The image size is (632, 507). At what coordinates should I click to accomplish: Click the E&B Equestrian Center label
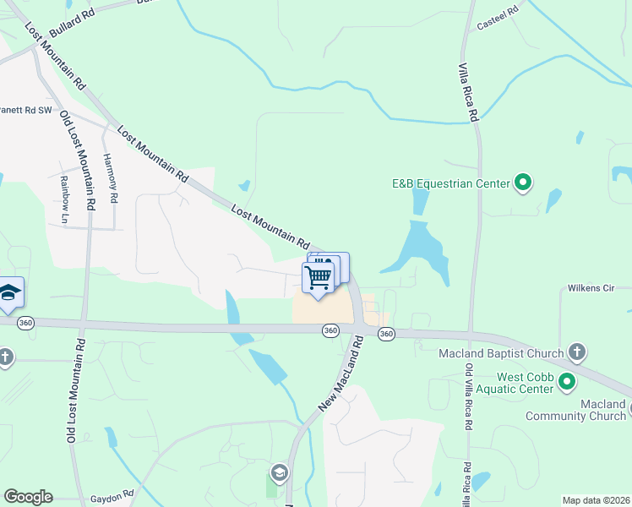tap(450, 183)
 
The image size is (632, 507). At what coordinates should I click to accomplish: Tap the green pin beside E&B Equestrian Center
tap(523, 183)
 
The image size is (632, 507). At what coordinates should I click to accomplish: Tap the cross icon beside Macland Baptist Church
tap(576, 351)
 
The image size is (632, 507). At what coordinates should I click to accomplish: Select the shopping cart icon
tap(318, 277)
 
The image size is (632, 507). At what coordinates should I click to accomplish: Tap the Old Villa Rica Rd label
tap(468, 397)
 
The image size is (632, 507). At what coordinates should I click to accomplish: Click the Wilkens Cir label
tap(601, 287)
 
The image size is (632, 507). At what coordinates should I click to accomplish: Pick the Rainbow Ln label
tap(64, 199)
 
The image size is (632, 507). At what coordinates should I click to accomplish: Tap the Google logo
tap(28, 497)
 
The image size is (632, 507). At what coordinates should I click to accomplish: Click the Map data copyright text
tap(597, 500)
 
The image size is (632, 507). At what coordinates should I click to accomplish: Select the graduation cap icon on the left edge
tap(9, 292)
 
